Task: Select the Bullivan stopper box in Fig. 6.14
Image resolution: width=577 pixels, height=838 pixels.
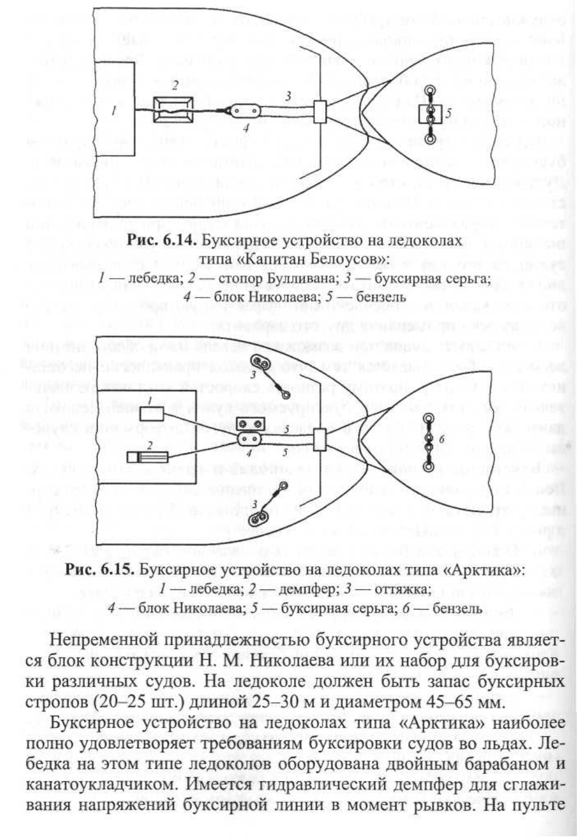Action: click(173, 109)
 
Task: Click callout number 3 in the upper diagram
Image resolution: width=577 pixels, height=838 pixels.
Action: click(287, 96)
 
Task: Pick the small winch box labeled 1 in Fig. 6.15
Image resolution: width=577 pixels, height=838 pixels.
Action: click(152, 413)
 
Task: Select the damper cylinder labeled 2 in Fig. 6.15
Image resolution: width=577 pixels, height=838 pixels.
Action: click(147, 457)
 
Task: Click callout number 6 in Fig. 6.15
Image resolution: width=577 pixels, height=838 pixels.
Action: click(441, 439)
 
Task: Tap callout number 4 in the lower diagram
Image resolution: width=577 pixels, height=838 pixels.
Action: click(248, 454)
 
